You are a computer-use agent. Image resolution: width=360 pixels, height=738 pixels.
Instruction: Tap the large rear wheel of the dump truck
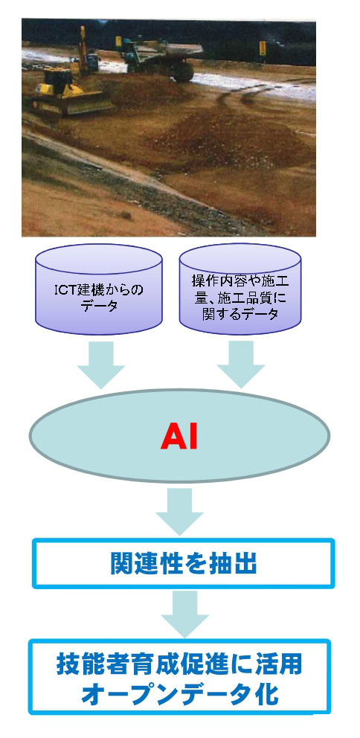[x=183, y=71]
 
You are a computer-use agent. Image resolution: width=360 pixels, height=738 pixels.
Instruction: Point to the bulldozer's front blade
[x=87, y=103]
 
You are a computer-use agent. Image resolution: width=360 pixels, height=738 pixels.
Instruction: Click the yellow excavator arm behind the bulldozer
[x=83, y=46]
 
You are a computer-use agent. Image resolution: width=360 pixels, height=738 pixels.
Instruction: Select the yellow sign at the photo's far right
[x=263, y=48]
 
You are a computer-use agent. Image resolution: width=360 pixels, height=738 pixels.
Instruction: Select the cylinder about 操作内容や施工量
[x=240, y=289]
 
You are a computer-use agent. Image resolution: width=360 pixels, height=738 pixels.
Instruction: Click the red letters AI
[x=179, y=438]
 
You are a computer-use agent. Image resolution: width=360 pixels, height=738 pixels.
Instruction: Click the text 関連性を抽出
[x=184, y=563]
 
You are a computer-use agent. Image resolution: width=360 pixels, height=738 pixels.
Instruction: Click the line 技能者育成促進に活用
[x=179, y=664]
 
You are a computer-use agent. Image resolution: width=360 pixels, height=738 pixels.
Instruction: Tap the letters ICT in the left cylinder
[x=65, y=289]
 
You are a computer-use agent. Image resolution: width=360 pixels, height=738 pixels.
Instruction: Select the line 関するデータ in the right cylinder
[x=240, y=314]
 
